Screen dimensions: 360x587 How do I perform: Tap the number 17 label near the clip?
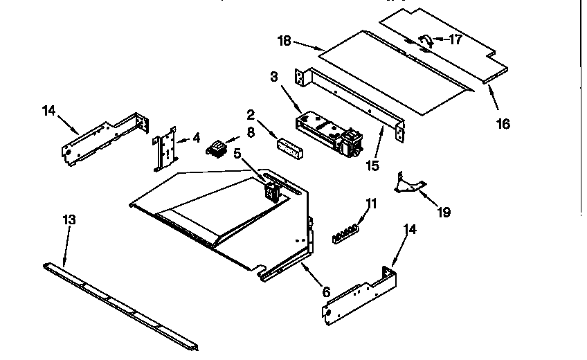coord(455,39)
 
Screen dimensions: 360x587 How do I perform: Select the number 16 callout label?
coord(503,124)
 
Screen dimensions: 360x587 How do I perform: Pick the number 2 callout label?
coord(251,115)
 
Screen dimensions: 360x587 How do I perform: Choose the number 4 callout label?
coord(197,138)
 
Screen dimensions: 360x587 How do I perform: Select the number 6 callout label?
coord(326,291)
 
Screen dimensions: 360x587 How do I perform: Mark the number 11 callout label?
coord(372,204)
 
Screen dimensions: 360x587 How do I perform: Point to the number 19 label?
coord(444,212)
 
